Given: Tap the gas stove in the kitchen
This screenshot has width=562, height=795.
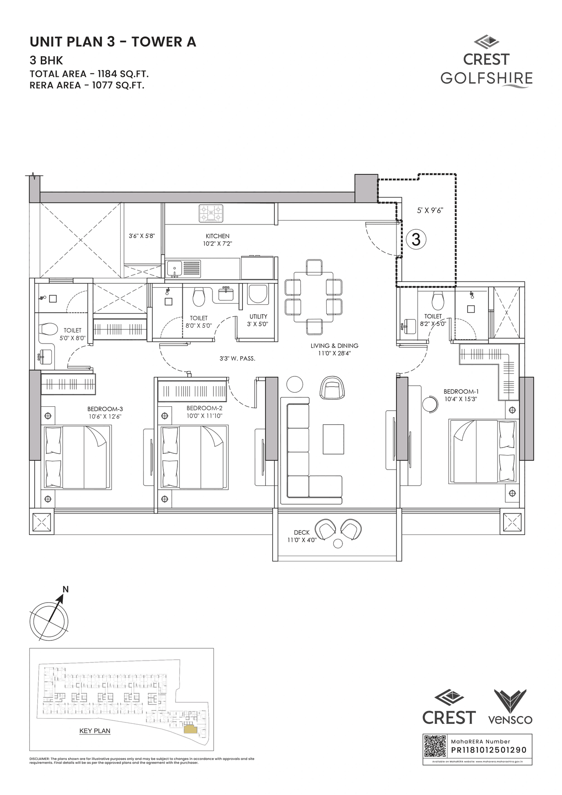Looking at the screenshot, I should pos(211,213).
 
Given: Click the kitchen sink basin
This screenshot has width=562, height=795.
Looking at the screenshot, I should pos(174,267).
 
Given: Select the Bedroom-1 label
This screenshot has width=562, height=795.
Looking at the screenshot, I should pos(461,391).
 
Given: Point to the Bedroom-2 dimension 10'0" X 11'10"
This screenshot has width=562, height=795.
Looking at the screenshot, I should pos(204,416).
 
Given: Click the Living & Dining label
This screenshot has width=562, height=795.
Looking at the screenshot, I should pos(334,346).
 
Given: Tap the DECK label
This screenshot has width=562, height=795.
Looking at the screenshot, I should pos(302,532).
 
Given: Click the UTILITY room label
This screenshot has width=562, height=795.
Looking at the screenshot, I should pos(258,316).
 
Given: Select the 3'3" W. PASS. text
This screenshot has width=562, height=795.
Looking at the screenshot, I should pos(237,358).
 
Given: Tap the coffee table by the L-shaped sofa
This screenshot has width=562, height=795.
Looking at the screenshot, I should pos(333,439).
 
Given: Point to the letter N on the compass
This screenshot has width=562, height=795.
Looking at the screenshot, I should pos(65,589).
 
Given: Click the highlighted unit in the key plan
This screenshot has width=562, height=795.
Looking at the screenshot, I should pos(191,730).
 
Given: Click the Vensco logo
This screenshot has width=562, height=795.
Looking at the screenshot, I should pos(510,707).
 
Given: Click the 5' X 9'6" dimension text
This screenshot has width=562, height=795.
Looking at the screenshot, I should pos(430,210).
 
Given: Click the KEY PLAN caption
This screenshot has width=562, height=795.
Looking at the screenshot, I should pos(95,731).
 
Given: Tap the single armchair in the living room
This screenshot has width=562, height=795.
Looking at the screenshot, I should pos(332,387).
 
